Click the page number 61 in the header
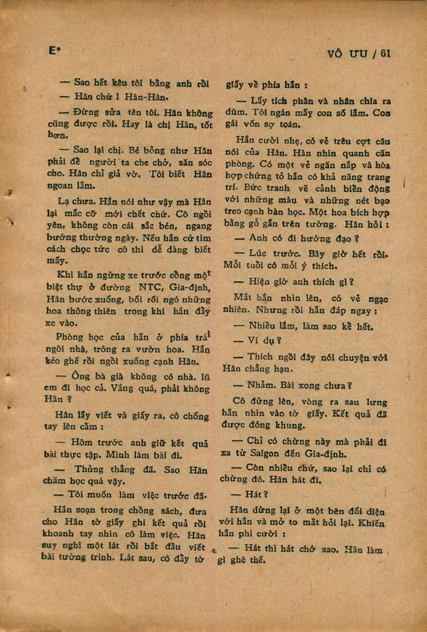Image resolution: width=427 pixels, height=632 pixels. pos(386,54)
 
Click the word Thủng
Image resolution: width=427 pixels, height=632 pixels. pos(89,470)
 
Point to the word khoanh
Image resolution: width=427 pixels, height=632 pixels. pos(57,534)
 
